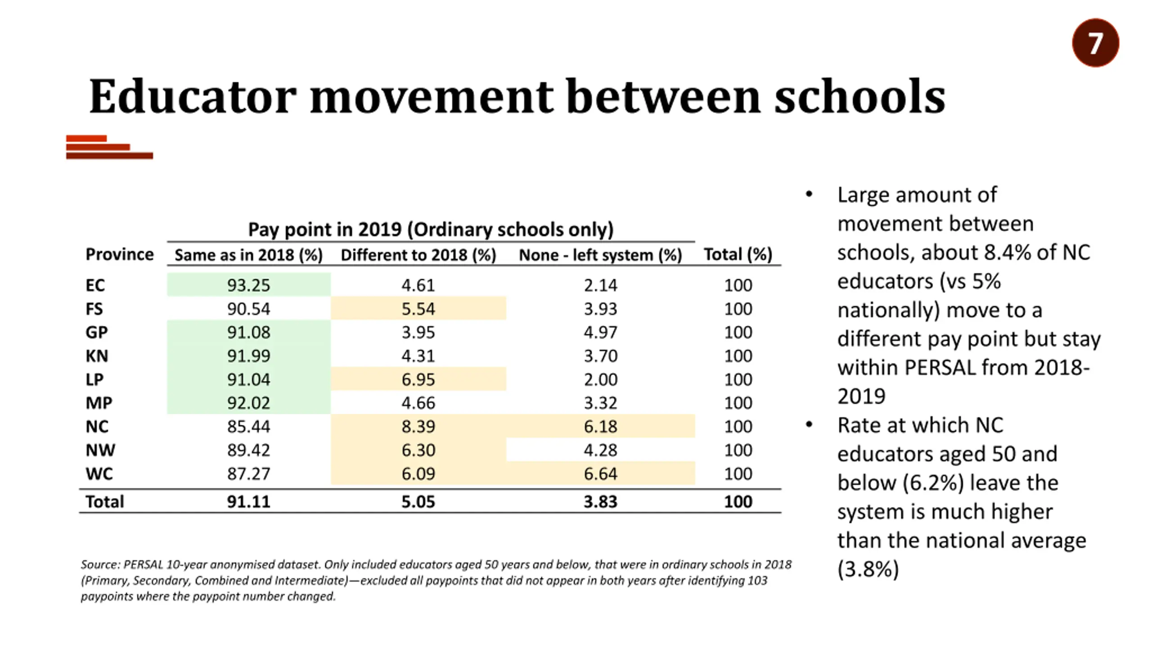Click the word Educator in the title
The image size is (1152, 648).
(x=193, y=97)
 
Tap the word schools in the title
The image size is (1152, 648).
(x=859, y=97)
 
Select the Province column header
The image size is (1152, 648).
(x=120, y=254)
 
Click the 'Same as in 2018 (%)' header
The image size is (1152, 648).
(x=248, y=255)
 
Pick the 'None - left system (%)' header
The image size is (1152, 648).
(x=600, y=255)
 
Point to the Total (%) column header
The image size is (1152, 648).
(x=738, y=255)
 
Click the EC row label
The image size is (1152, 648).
(x=95, y=285)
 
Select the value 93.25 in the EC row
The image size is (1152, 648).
(x=248, y=285)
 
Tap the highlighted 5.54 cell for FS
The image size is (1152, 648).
(x=418, y=309)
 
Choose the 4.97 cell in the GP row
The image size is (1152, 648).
(x=600, y=333)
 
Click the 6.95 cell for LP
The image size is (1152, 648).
(x=418, y=379)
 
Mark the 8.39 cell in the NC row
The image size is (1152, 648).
(x=418, y=426)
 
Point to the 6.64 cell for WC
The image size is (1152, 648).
(x=600, y=473)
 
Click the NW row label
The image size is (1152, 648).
(x=100, y=450)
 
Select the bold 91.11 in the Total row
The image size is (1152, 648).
(x=248, y=502)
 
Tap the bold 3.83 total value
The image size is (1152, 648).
(x=600, y=502)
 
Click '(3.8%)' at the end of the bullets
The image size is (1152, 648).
(x=868, y=569)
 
